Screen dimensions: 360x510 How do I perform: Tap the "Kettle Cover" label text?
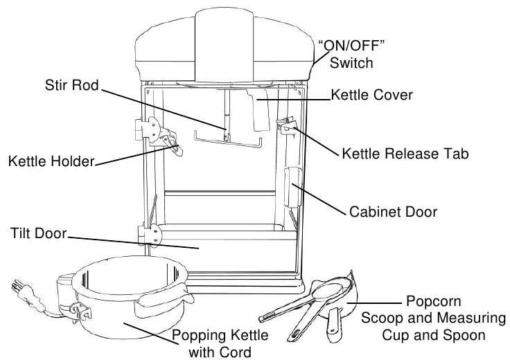point(372,93)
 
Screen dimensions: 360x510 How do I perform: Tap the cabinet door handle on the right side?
point(292,188)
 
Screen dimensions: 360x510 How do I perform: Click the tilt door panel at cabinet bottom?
point(208,245)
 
